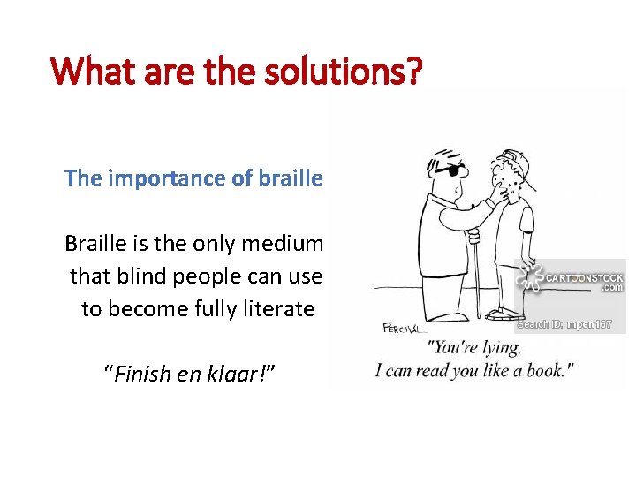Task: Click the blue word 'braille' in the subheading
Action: (291, 178)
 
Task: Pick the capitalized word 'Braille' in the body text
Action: (96, 243)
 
